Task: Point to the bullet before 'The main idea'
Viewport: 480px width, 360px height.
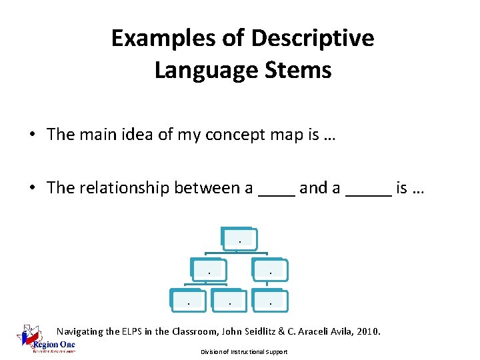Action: pyautogui.click(x=32, y=135)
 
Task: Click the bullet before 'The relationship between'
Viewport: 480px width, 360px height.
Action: pyautogui.click(x=32, y=189)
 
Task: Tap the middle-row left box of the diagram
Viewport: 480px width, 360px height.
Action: pyautogui.click(x=209, y=269)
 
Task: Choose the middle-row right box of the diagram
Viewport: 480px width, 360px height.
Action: pyautogui.click(x=270, y=269)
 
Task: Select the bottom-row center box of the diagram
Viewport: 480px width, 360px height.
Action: pyautogui.click(x=229, y=301)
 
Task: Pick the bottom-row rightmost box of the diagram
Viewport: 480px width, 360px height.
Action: pyautogui.click(x=270, y=301)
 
